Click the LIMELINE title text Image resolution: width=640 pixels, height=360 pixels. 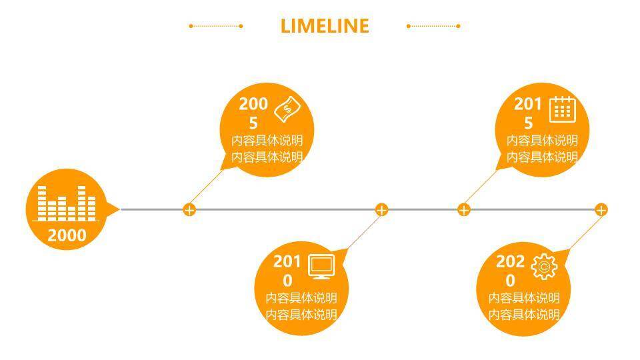tap(325, 26)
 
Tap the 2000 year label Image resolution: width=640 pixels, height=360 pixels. tap(67, 235)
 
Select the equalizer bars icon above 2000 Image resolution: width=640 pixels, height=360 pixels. tap(66, 203)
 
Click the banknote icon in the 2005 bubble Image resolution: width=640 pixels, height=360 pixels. tap(289, 109)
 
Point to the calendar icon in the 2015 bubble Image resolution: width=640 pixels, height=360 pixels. tap(562, 109)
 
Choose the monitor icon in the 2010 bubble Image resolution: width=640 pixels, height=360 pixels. tap(322, 267)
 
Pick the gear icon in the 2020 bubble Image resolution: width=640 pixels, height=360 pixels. tap(544, 267)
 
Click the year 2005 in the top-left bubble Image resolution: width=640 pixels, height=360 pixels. tap(253, 113)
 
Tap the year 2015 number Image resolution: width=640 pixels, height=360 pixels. tap(528, 113)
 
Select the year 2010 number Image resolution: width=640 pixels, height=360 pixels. tap(287, 270)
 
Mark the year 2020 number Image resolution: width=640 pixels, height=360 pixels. tap(510, 270)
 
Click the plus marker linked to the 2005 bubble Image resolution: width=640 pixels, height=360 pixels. tap(189, 210)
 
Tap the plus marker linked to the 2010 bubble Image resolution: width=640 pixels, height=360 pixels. tap(381, 210)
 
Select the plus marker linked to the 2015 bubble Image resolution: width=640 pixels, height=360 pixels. tap(464, 210)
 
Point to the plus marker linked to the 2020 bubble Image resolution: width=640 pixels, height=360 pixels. tap(601, 210)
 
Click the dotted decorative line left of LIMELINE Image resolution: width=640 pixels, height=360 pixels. tap(216, 26)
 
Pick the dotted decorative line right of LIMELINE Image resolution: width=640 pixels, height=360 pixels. tap(433, 26)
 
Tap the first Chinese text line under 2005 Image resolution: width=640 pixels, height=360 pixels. tap(267, 141)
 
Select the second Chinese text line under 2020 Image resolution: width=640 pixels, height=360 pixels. tap(524, 314)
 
